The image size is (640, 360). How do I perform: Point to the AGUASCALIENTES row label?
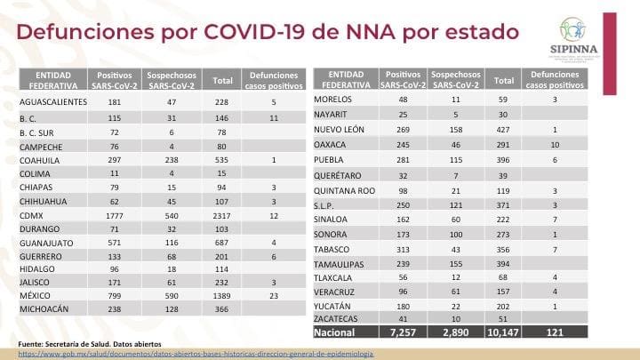53,101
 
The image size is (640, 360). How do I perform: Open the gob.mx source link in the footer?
196,353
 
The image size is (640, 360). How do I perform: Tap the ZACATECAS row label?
339,317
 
